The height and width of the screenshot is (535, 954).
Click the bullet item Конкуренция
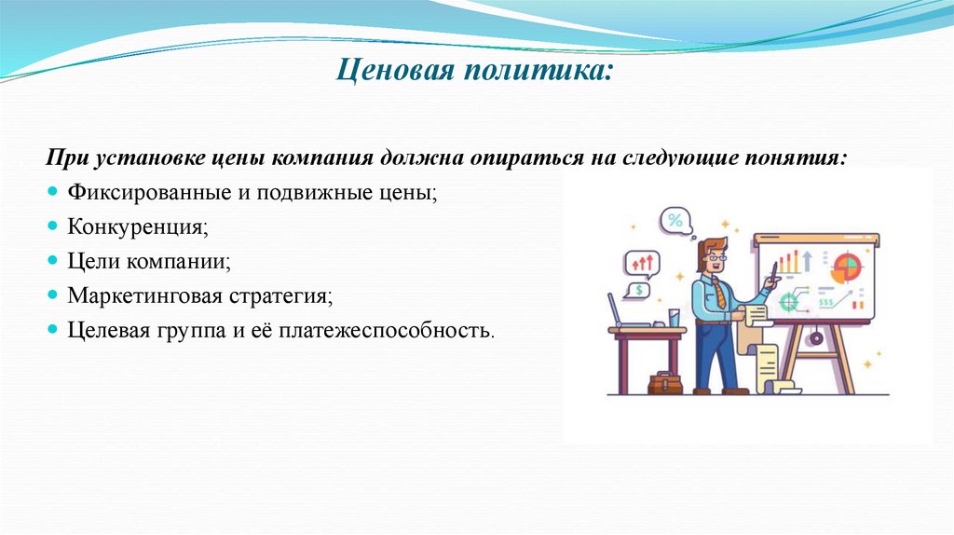pyautogui.click(x=136, y=226)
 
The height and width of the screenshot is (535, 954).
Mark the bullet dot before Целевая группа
pyautogui.click(x=53, y=330)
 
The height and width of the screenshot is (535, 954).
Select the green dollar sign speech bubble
pyautogui.click(x=639, y=291)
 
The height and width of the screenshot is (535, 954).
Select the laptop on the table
pyautogui.click(x=627, y=313)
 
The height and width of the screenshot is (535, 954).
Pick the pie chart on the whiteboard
pyautogui.click(x=846, y=268)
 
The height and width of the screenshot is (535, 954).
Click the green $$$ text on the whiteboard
pyautogui.click(x=825, y=302)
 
